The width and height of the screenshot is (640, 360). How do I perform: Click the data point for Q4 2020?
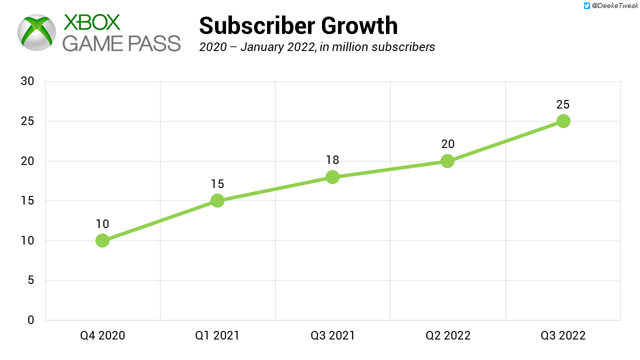[102, 240]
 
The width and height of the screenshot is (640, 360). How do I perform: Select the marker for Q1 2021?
[217, 200]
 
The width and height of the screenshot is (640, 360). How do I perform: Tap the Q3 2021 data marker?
[332, 176]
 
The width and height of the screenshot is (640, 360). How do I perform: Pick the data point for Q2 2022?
[447, 161]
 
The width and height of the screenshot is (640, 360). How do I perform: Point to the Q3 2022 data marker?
[563, 121]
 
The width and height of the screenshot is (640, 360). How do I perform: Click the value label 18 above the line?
[332, 160]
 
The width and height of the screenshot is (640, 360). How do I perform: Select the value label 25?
[563, 104]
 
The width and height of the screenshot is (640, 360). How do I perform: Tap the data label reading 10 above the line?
[102, 224]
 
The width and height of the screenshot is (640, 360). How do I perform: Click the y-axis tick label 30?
[27, 81]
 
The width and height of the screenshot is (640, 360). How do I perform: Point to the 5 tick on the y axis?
[30, 280]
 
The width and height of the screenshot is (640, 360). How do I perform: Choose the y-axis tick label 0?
[30, 320]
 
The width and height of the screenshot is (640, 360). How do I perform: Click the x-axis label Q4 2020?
[102, 335]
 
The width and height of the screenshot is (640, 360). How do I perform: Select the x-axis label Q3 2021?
[332, 335]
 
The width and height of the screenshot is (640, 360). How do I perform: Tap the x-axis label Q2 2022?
[448, 335]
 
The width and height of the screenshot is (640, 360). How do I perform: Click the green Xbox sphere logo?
[36, 32]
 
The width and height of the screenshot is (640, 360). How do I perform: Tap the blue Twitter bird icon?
[587, 6]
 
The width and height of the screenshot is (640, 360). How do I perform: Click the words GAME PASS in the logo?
[121, 43]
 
